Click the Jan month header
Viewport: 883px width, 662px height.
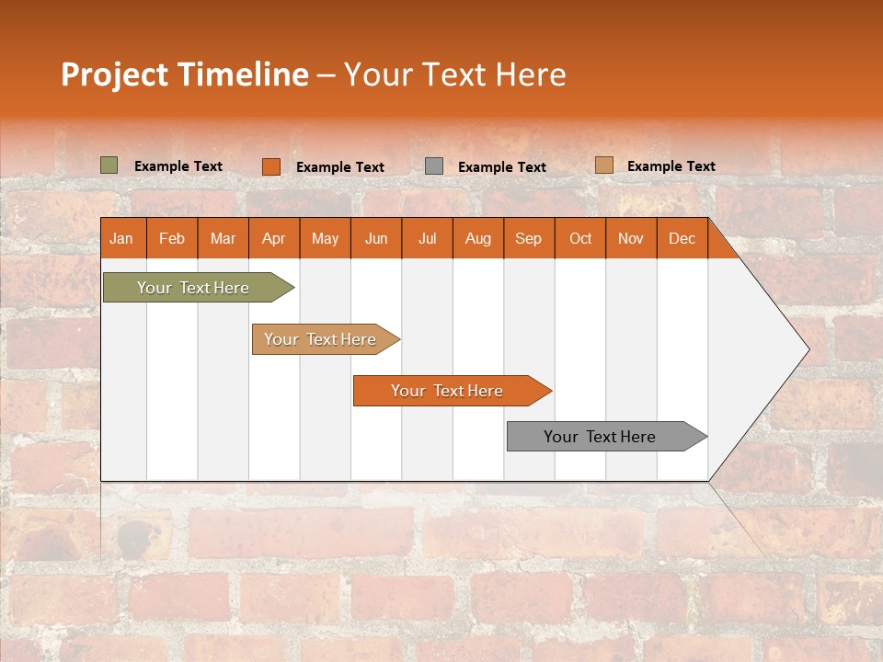122,238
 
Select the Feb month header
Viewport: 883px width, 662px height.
172,238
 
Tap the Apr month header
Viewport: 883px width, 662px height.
274,238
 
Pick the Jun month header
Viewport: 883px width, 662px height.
376,238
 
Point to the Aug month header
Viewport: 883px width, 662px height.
478,238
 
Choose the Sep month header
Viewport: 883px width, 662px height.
529,238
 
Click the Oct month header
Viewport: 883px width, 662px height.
580,238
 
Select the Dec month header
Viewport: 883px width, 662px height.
682,238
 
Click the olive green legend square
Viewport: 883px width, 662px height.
109,165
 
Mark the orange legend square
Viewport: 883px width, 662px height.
270,166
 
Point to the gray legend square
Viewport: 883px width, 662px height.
434,166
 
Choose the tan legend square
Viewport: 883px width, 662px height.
603,165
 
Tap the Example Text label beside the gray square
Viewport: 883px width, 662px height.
502,167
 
